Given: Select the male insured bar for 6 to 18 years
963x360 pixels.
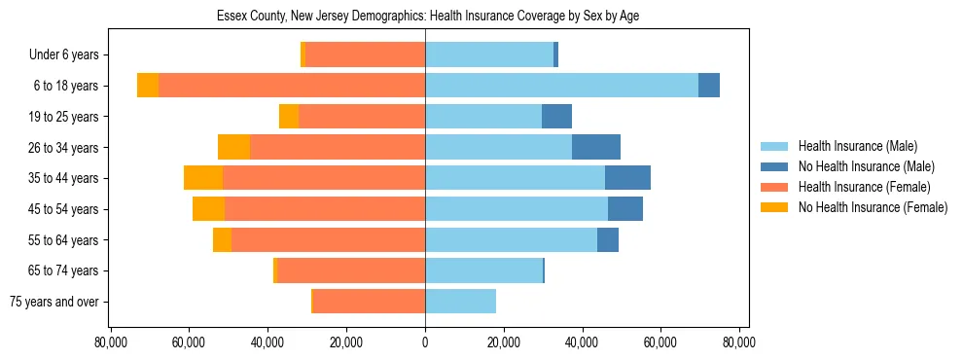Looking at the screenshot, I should [561, 86].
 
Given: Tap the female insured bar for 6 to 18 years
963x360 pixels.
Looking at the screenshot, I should [292, 86].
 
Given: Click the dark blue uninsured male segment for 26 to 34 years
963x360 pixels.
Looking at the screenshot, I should [596, 147].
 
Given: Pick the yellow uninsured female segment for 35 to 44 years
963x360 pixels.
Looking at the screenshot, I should [203, 178].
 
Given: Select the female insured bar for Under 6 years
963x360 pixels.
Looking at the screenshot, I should [365, 54].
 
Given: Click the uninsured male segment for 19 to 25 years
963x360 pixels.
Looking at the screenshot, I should [556, 117].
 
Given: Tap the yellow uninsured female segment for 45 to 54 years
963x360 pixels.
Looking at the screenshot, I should [208, 209].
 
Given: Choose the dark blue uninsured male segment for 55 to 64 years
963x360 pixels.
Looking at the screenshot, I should [608, 240].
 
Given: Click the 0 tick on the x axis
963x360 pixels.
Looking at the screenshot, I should [425, 342].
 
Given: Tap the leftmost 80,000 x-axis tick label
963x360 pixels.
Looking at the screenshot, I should [111, 342].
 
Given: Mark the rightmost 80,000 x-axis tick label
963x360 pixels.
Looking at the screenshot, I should [739, 342].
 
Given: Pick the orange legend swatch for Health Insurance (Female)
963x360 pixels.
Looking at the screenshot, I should [775, 187].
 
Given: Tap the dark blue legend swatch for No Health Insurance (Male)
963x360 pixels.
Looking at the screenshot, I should [775, 166].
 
